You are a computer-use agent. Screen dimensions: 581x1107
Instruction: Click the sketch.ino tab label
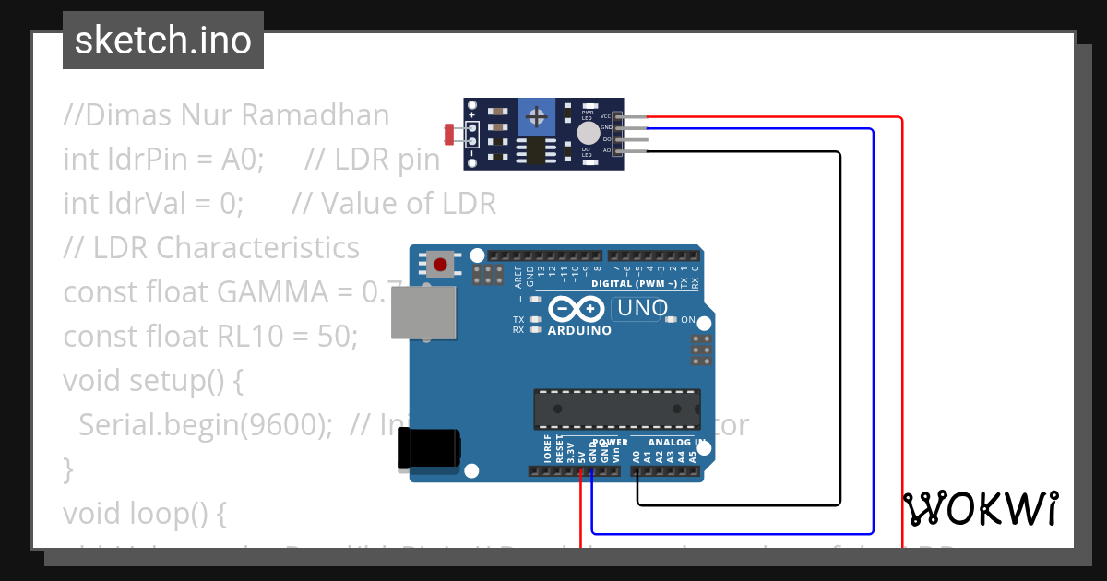(x=163, y=41)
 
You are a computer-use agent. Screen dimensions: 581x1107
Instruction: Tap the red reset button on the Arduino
(x=440, y=266)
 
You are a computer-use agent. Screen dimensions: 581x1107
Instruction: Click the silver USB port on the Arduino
(x=423, y=312)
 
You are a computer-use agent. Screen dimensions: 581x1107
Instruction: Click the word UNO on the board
(x=638, y=309)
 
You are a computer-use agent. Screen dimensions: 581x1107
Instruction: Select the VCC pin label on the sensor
(x=606, y=116)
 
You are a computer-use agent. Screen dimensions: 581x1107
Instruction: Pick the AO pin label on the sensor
(x=606, y=150)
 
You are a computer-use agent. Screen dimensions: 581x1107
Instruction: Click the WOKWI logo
(x=981, y=508)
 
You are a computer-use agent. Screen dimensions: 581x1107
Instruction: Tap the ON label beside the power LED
(x=687, y=320)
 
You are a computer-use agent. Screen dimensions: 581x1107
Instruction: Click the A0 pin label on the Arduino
(x=636, y=455)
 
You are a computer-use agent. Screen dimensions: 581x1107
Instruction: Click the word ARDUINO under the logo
(x=579, y=330)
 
